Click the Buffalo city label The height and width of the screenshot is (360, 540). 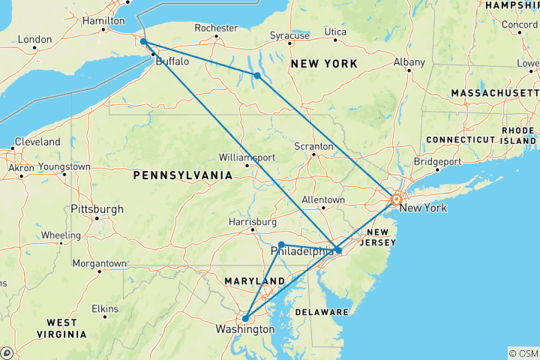172,62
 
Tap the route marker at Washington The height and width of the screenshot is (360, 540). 246,318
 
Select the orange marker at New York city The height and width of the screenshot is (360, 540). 396,199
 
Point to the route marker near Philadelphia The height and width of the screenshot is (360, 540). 339,250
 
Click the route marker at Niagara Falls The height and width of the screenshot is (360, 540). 142,42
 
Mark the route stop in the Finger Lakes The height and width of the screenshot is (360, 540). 257,75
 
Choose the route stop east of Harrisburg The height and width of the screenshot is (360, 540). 281,244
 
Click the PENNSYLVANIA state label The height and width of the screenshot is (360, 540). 183,175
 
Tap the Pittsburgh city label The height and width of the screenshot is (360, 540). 97,208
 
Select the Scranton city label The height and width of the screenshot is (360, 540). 313,145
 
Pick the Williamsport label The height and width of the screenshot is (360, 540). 247,157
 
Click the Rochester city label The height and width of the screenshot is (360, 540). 216,28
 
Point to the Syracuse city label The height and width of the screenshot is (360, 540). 289,35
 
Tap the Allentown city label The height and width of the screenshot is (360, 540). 322,200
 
